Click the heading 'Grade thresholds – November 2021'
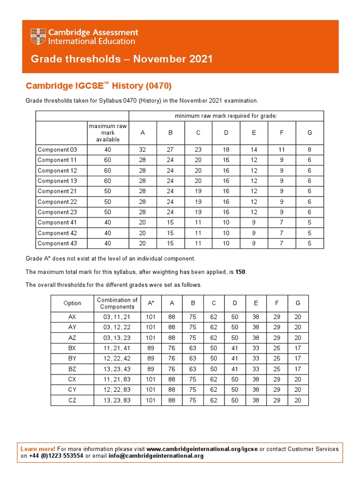[x=121, y=59]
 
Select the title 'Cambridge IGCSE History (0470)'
[x=98, y=86]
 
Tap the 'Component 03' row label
[x=57, y=150]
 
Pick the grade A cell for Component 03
[x=142, y=150]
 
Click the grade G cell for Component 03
[x=309, y=150]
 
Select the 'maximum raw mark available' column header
[x=108, y=133]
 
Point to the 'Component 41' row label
[x=57, y=223]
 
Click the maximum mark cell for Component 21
[x=108, y=191]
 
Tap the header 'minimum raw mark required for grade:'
[x=226, y=116]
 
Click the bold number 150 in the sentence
[x=240, y=272]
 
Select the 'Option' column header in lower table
[x=72, y=303]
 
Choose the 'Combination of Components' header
[x=117, y=303]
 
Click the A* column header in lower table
[x=151, y=303]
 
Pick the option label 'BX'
[x=72, y=348]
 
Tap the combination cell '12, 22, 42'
[x=117, y=359]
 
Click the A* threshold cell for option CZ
[x=151, y=400]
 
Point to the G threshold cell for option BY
[x=298, y=359]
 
